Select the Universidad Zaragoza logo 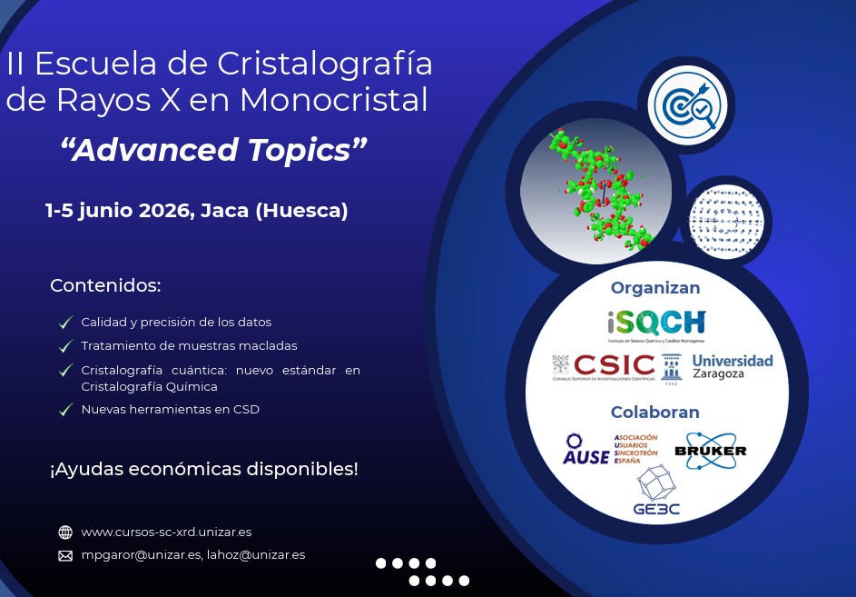click(732, 366)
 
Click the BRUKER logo click(710, 451)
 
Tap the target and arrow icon click(685, 105)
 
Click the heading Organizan click(655, 288)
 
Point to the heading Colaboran click(654, 413)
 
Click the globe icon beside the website click(65, 532)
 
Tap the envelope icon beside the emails click(65, 555)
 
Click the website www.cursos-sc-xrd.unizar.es click(166, 532)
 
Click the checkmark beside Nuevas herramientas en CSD click(65, 410)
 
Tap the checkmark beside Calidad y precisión click(65, 323)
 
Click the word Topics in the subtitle click(301, 150)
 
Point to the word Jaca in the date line click(223, 211)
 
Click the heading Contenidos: click(105, 285)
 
